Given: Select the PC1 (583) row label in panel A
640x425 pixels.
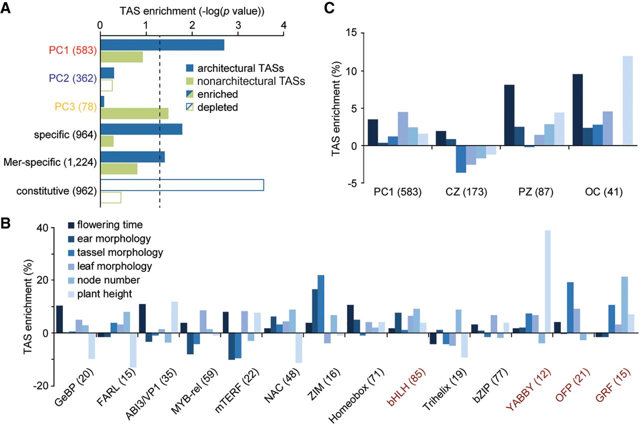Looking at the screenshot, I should (72, 50).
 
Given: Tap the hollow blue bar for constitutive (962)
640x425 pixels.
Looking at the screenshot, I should (182, 184).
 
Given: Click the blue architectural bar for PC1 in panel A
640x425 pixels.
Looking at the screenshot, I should (162, 45).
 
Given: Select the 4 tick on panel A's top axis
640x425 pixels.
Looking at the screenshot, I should (283, 24).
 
